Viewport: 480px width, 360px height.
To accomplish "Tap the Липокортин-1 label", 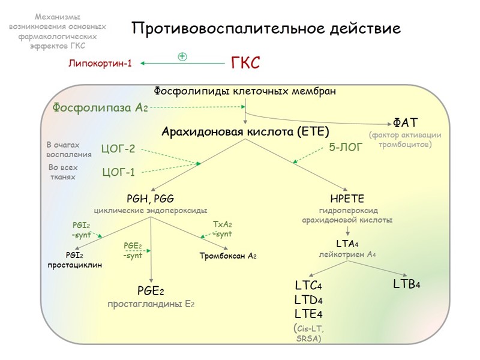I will [100, 63].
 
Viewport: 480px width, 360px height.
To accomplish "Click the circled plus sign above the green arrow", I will [182, 56].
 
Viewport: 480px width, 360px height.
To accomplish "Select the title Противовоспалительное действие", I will [266, 28].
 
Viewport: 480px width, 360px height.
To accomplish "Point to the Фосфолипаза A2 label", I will [100, 107].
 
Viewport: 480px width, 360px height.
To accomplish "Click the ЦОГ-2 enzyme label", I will [118, 148].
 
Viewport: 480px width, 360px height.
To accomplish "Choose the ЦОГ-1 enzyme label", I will [118, 173].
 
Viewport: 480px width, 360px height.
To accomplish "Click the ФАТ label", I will [401, 122].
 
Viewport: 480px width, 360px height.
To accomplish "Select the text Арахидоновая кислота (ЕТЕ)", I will [245, 131].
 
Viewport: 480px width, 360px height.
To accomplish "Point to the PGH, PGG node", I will [151, 199].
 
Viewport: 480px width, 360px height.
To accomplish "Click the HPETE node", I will [347, 199].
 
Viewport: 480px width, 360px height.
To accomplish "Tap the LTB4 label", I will [406, 283].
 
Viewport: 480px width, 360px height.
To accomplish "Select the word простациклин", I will [74, 265].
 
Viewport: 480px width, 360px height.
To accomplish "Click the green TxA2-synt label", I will [221, 229].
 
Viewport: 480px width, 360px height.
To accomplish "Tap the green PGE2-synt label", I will [133, 250].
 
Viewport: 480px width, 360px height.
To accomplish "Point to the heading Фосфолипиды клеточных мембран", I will [245, 91].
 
